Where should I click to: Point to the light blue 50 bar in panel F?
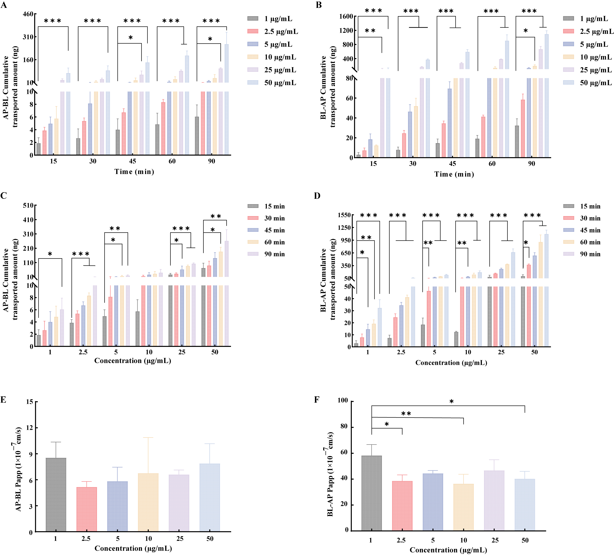coord(525,505)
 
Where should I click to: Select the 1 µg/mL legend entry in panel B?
coord(585,19)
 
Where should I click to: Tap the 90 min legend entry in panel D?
coord(582,254)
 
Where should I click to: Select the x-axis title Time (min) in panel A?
coord(134,172)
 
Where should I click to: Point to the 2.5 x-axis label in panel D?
coord(401,352)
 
